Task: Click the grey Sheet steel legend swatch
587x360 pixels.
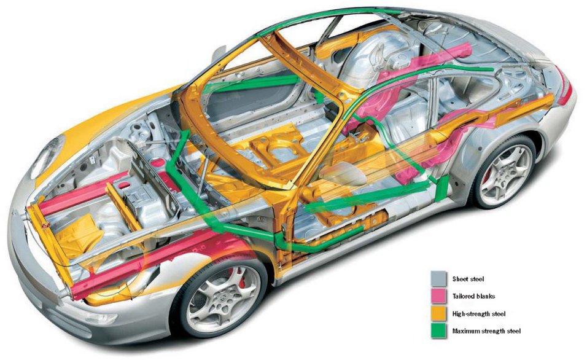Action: (x=438, y=278)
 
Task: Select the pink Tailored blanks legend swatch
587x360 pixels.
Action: (x=438, y=296)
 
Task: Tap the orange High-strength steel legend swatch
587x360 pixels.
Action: (x=438, y=314)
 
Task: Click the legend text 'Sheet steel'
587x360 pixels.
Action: (x=468, y=279)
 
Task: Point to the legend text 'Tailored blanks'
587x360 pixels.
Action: (x=473, y=297)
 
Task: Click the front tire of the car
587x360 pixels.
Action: (x=184, y=307)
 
